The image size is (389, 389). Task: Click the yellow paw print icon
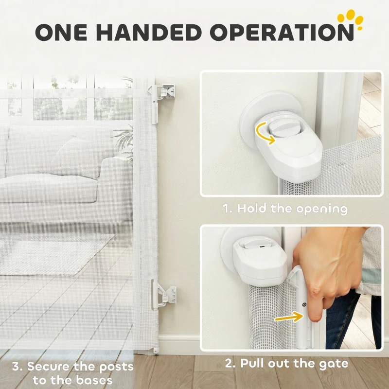(351, 19)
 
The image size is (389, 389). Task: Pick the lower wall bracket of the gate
(164, 295)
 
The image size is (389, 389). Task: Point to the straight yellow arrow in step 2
(289, 317)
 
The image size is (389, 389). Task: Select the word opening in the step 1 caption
(322, 209)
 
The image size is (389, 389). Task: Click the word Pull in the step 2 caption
(252, 363)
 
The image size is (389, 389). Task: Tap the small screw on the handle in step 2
(305, 304)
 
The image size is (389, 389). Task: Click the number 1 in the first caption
(226, 209)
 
